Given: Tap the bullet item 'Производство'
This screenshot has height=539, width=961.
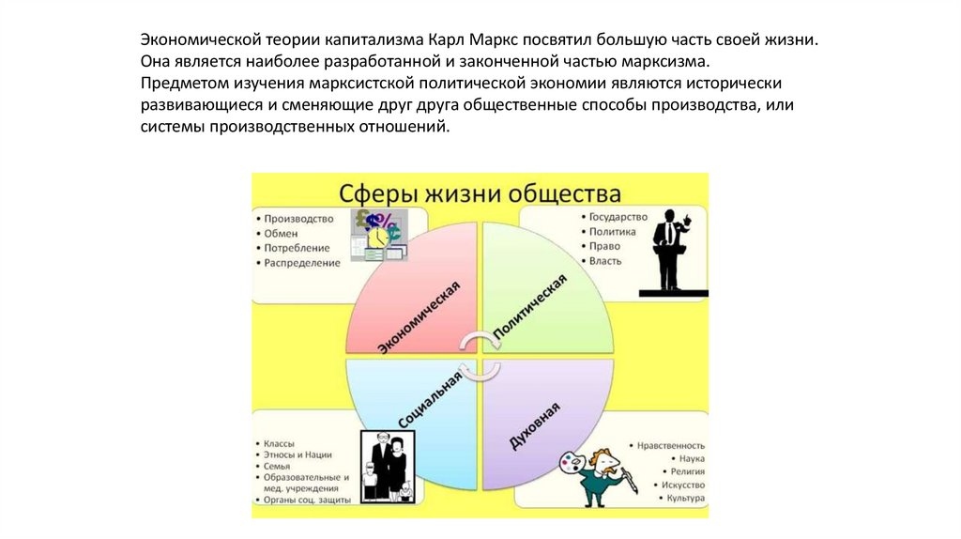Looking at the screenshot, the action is pos(298,219).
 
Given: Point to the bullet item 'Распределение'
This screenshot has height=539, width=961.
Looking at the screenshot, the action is pos(302,263).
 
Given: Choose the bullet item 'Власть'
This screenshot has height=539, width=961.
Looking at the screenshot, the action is pos(605,261).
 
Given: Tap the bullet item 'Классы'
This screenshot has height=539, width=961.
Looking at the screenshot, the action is pos(280,442).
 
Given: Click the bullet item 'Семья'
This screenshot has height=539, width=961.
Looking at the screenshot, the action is pos(277,466).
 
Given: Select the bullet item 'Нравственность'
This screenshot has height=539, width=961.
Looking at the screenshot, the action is pos(670,446).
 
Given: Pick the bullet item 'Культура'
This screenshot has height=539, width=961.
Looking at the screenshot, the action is pos(684,497).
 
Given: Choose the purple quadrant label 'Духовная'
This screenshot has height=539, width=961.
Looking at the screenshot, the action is pos(536,423).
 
